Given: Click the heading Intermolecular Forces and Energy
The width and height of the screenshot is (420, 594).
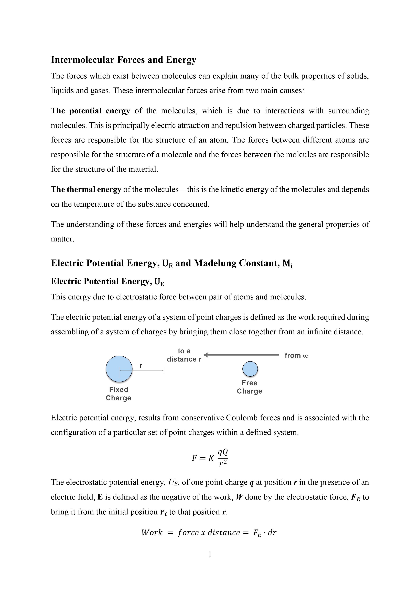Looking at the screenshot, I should (123, 60).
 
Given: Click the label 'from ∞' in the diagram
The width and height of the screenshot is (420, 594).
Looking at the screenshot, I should (296, 355).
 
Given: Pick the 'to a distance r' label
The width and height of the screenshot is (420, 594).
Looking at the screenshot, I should (184, 355).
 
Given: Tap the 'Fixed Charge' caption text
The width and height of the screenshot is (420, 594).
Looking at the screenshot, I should (119, 394).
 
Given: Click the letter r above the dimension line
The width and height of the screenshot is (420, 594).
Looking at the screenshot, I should (141, 366).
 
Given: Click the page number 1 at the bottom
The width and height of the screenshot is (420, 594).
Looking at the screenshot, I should (210, 554).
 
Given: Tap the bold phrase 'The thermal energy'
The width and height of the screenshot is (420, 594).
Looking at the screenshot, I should (86, 189).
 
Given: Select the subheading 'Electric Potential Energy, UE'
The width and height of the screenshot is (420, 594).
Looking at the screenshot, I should (107, 281).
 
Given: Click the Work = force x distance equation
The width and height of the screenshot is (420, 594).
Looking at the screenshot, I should (209, 532).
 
